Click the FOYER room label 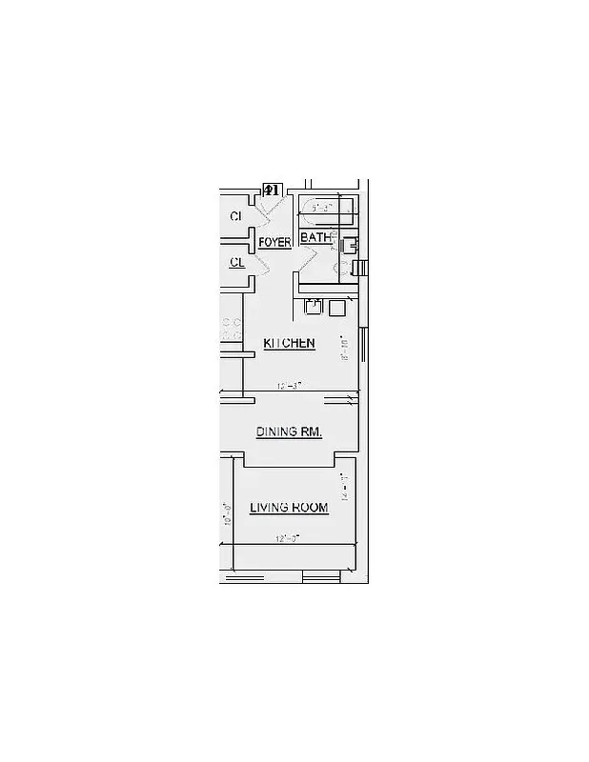click(x=274, y=243)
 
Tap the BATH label click(x=315, y=238)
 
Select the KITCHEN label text click(x=289, y=343)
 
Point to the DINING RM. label click(x=289, y=432)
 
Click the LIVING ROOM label click(x=289, y=509)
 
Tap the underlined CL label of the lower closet click(x=236, y=262)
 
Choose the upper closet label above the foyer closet click(x=235, y=217)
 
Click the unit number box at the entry click(x=271, y=190)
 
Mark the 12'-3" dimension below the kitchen click(x=289, y=386)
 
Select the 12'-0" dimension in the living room click(x=288, y=538)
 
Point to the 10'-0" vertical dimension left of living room click(x=227, y=514)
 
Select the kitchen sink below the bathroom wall click(x=313, y=307)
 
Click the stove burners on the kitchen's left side click(x=230, y=330)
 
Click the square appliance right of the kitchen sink click(x=336, y=308)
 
